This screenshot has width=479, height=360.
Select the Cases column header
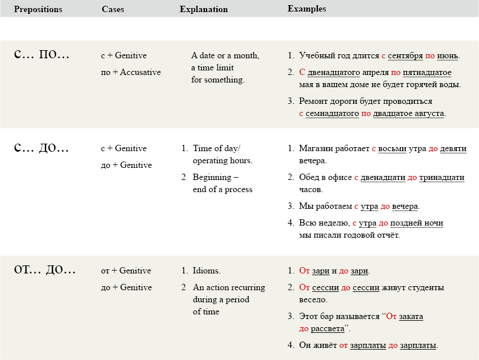pos(113,9)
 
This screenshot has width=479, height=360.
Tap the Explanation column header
pos(204,9)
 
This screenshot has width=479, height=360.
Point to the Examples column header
pos(306,9)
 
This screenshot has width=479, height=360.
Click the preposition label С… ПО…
pos(41,55)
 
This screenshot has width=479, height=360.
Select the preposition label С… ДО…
pos(41,148)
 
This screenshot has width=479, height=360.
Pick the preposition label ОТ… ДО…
pos(45,269)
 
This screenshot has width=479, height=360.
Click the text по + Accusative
pos(130,73)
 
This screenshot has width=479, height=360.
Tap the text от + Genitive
pos(126,271)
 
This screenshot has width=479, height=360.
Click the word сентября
pos(405,56)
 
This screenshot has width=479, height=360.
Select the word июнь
pos(448,56)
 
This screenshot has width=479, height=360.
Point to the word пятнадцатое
pos(427,73)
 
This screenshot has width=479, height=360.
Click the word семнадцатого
pos(332,114)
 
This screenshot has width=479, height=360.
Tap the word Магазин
pos(317,149)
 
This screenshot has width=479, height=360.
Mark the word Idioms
pos(207,271)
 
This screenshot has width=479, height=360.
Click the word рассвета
pos(327,328)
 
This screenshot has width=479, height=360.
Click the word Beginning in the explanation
pos(212,177)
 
